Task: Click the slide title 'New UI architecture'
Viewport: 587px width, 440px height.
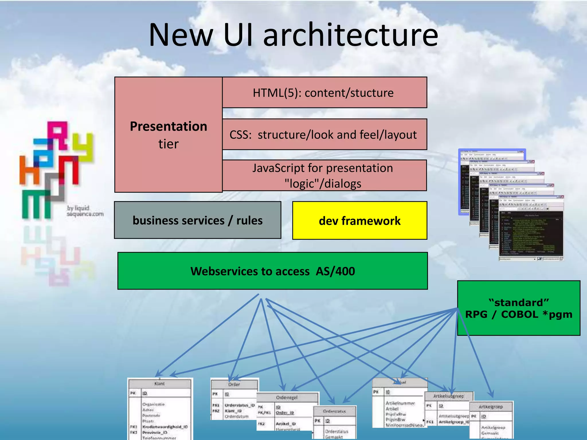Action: pos(293,35)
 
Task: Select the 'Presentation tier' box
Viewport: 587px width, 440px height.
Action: pos(168,135)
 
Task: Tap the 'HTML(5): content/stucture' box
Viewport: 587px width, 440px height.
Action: pos(324,93)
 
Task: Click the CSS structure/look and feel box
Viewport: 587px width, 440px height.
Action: pos(324,134)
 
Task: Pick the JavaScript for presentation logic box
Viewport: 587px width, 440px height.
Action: pos(324,175)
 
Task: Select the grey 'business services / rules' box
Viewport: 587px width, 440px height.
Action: pos(197,220)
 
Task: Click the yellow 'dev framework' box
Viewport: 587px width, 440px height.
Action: pos(359,221)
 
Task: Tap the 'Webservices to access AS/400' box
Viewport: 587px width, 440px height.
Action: pos(272,271)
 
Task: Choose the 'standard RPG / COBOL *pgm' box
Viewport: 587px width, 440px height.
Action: pos(518,308)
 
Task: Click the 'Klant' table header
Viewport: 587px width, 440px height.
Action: pos(160,384)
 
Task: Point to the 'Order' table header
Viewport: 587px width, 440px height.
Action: pos(234,384)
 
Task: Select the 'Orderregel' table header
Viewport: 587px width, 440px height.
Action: pos(287,398)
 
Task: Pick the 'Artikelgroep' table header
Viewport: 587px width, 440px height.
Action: pos(491,407)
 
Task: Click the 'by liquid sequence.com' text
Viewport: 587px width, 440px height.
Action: pos(85,211)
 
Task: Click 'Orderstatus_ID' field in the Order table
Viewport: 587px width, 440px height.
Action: pos(240,405)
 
